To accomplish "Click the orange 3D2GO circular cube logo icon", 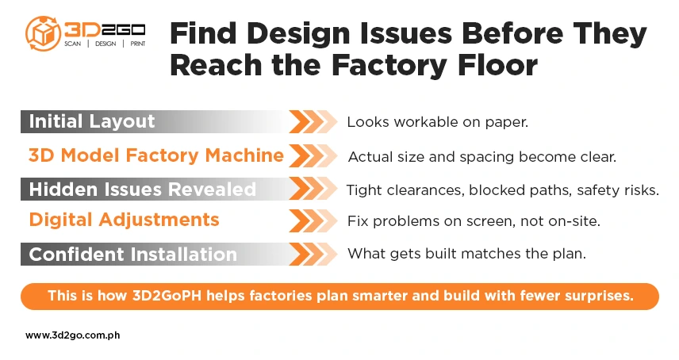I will tap(42, 33).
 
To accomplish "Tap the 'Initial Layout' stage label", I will tap(92, 122).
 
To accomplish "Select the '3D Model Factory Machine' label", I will tap(155, 155).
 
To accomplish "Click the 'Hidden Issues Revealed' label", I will tap(143, 190).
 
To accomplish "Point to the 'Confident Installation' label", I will tap(133, 255).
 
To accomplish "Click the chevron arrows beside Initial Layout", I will tap(313, 122).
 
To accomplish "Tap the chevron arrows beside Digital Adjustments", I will tap(313, 220).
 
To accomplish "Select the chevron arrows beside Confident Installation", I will tap(313, 255).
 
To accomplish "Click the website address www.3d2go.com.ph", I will tap(73, 335).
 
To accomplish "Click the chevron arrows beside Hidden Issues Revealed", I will tap(313, 190).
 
